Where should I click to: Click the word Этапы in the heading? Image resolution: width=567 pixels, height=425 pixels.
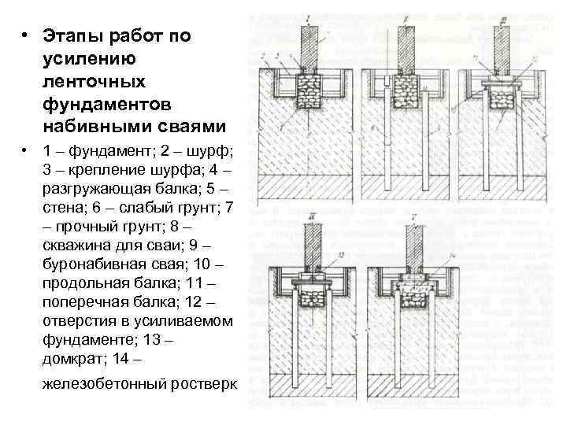(x=71, y=37)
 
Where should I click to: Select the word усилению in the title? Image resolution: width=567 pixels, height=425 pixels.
(x=91, y=60)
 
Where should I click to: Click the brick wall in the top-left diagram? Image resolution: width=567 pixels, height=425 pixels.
(x=308, y=47)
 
